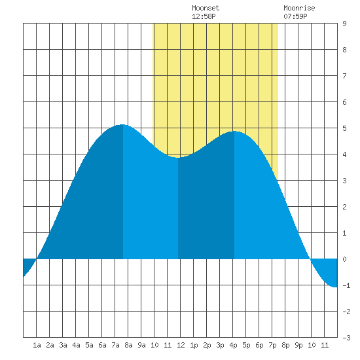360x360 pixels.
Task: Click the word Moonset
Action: (206, 8)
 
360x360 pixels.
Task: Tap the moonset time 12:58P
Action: (204, 16)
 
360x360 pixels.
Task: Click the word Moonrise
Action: (299, 8)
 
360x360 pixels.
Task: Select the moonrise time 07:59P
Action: (295, 16)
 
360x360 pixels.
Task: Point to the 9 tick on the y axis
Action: (344, 24)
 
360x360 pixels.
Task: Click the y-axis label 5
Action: (344, 128)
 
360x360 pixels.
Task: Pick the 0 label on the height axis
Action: (344, 259)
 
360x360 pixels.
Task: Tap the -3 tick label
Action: (346, 338)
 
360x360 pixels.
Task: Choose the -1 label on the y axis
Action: (346, 285)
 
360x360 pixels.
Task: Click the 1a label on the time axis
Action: (37, 345)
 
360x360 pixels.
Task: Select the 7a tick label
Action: (115, 345)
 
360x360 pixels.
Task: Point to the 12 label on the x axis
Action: (181, 345)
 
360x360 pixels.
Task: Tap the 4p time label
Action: (233, 345)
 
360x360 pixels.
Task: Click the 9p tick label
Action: (298, 345)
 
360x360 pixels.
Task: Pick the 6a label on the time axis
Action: (102, 345)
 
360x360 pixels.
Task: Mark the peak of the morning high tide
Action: (122, 124)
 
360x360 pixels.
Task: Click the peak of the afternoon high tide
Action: (234, 132)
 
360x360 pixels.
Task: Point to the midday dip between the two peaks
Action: (178, 158)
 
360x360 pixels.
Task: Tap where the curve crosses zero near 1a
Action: (37, 259)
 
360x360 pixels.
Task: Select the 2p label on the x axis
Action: (207, 345)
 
